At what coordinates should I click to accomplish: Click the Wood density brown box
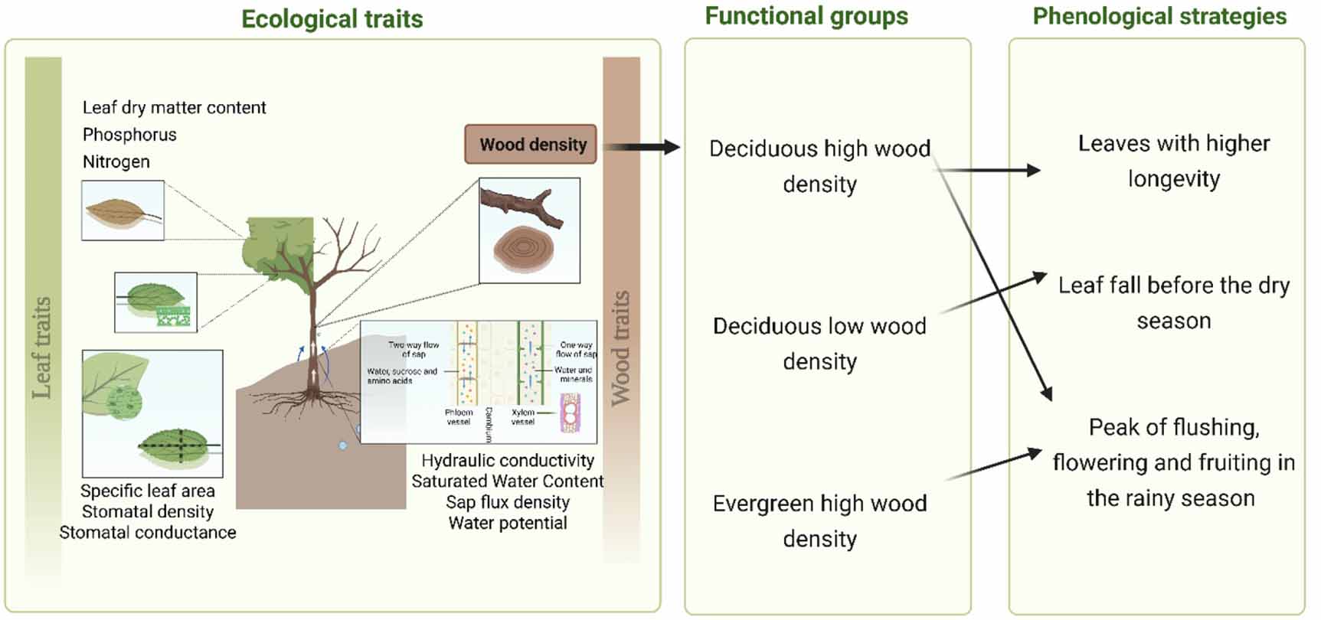point(531,145)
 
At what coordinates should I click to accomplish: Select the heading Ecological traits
point(332,18)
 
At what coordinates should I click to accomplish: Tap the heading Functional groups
point(806,16)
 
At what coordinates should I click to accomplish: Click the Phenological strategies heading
point(1159,16)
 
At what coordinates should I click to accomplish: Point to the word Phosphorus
point(129,135)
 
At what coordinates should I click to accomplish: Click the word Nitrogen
point(116,162)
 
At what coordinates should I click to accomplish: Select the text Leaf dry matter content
point(174,107)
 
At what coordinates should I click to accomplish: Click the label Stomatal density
point(148,511)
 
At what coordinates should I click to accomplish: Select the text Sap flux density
point(508,502)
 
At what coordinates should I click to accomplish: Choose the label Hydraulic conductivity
point(508,461)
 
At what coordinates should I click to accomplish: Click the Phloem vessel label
point(459,416)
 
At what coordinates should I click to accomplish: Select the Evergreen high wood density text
point(819,520)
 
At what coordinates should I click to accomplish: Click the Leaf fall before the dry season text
point(1173,302)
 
